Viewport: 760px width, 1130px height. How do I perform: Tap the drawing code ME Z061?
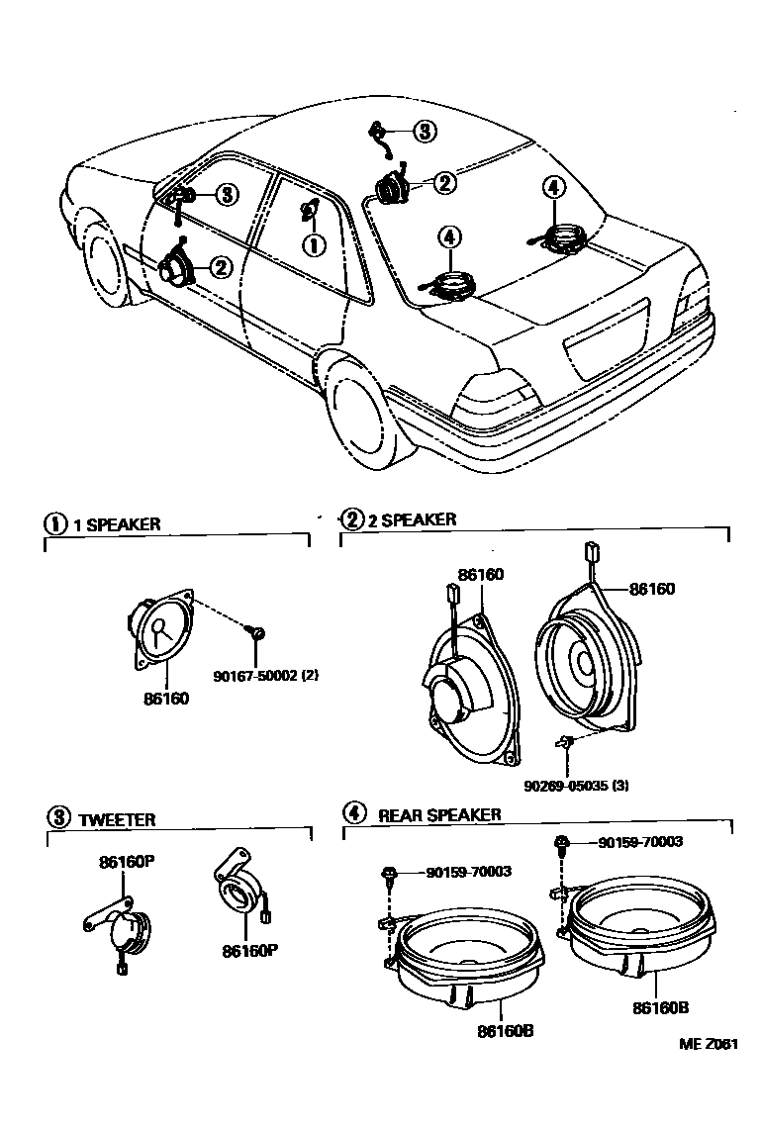point(708,1043)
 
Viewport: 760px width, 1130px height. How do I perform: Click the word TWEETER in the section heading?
point(117,819)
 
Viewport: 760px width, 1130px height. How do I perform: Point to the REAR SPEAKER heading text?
point(439,815)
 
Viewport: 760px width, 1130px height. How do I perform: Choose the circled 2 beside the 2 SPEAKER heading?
point(352,518)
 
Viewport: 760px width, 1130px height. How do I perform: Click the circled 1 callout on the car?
point(312,243)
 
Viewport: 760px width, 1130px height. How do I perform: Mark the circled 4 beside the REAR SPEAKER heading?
point(353,814)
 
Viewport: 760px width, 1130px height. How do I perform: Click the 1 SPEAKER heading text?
point(117,524)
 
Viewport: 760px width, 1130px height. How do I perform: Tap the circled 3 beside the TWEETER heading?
point(59,817)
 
